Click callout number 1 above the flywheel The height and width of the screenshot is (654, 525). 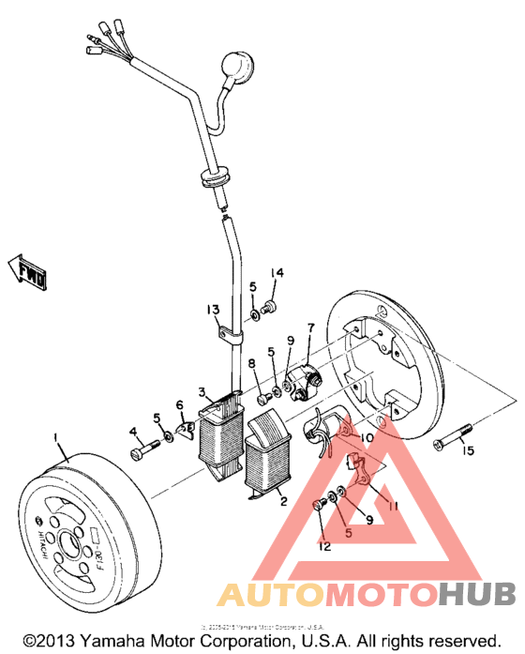[57, 438]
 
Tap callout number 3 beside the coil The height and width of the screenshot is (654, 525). [201, 391]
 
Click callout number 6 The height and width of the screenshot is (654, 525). [180, 404]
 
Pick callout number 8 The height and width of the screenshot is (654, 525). [252, 363]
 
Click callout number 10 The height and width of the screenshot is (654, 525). [366, 437]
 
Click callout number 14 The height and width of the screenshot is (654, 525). [277, 273]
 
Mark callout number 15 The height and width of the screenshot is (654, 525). [468, 451]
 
